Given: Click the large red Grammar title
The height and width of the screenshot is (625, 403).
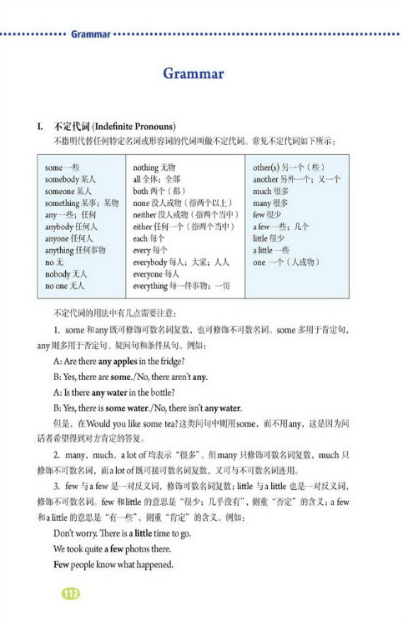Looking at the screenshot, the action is pyautogui.click(x=194, y=74).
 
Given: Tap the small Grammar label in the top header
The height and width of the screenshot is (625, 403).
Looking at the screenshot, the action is pyautogui.click(x=90, y=34).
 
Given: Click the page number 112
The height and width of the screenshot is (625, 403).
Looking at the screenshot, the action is pyautogui.click(x=70, y=592).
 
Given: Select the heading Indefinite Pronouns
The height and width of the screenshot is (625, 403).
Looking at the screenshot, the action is pyautogui.click(x=133, y=126).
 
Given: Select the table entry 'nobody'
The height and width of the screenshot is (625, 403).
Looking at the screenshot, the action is pyautogui.click(x=57, y=272).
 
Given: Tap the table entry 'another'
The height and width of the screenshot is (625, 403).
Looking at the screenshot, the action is pyautogui.click(x=265, y=179).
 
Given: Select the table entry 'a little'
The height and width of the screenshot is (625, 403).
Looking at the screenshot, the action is pyautogui.click(x=264, y=249).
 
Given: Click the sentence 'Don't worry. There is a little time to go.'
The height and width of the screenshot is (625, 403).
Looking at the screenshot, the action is pyautogui.click(x=122, y=532).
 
